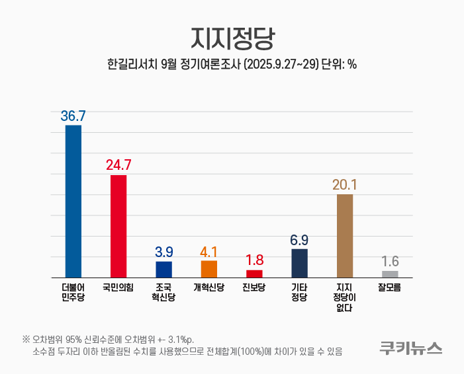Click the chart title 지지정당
(x=232, y=38)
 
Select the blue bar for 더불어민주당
(x=73, y=201)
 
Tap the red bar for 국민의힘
(x=118, y=226)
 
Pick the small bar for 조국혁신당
(x=163, y=269)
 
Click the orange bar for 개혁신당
(x=209, y=268)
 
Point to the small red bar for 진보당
(x=254, y=273)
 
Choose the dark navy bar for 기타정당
(x=299, y=262)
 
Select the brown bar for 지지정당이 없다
(x=345, y=235)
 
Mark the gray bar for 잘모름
(x=390, y=274)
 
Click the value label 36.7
(x=73, y=116)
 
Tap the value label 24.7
(x=118, y=165)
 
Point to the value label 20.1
(x=345, y=185)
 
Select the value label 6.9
(x=299, y=240)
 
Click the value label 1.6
(x=390, y=262)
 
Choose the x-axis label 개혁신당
(x=209, y=287)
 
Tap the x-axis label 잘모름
(x=390, y=287)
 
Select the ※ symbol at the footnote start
(x=26, y=340)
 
